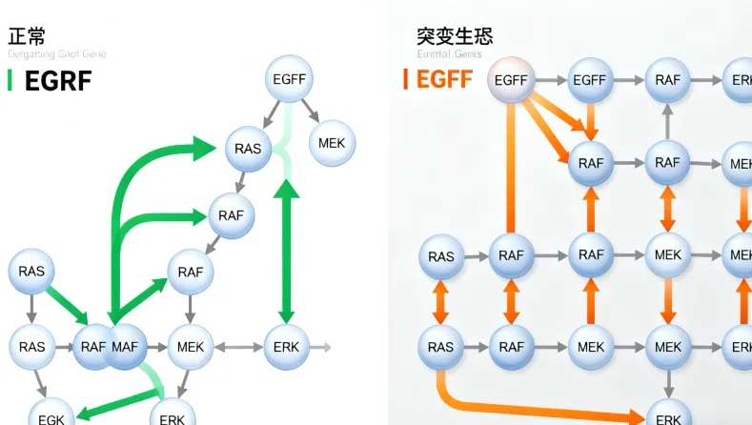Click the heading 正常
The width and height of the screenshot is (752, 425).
click(28, 35)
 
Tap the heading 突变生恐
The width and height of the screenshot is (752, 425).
click(455, 36)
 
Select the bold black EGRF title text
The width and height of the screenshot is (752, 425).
click(58, 81)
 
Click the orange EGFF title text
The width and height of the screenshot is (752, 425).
click(444, 79)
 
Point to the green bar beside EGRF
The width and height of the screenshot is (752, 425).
click(10, 80)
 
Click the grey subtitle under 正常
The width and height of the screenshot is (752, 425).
click(57, 54)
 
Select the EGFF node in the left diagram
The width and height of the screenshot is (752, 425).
click(290, 80)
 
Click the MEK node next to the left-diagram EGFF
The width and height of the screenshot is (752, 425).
click(333, 144)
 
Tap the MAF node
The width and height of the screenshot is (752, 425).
click(125, 347)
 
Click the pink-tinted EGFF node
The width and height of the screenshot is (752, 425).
click(512, 81)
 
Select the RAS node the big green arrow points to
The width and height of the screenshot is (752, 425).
click(248, 149)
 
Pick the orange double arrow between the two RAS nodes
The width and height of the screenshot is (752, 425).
click(440, 302)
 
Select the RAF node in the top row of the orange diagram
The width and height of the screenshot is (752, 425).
click(668, 81)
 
